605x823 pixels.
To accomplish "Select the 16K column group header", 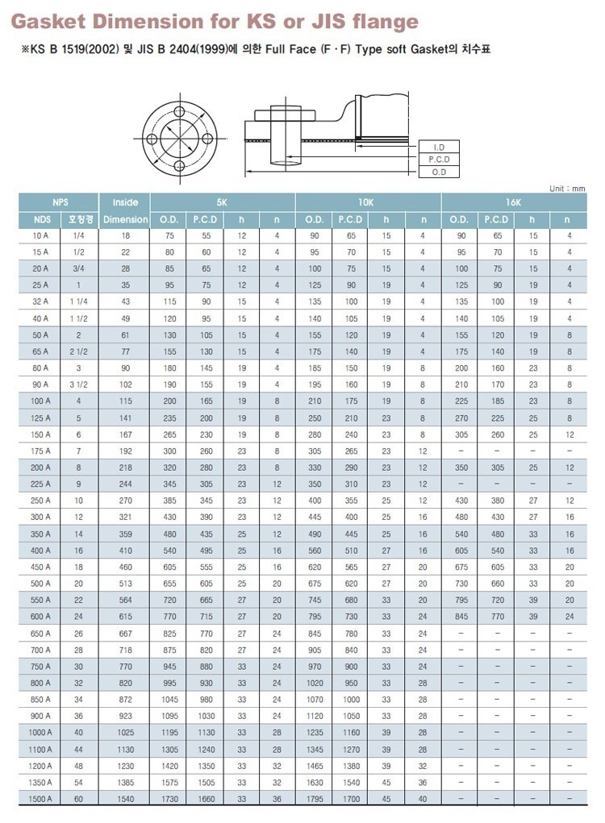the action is pos(514,202).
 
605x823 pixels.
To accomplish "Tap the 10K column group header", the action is pos(368,202).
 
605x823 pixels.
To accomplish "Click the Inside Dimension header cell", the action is pos(125,210).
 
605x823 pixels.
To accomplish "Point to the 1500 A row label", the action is pos(40,799).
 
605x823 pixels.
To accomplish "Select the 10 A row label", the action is pos(40,235).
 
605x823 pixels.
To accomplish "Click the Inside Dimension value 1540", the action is pos(125,799).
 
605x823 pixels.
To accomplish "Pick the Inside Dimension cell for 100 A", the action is pos(125,401).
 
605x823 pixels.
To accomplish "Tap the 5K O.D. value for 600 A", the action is pos(169,616).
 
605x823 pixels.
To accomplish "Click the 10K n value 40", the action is pos(423,799).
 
